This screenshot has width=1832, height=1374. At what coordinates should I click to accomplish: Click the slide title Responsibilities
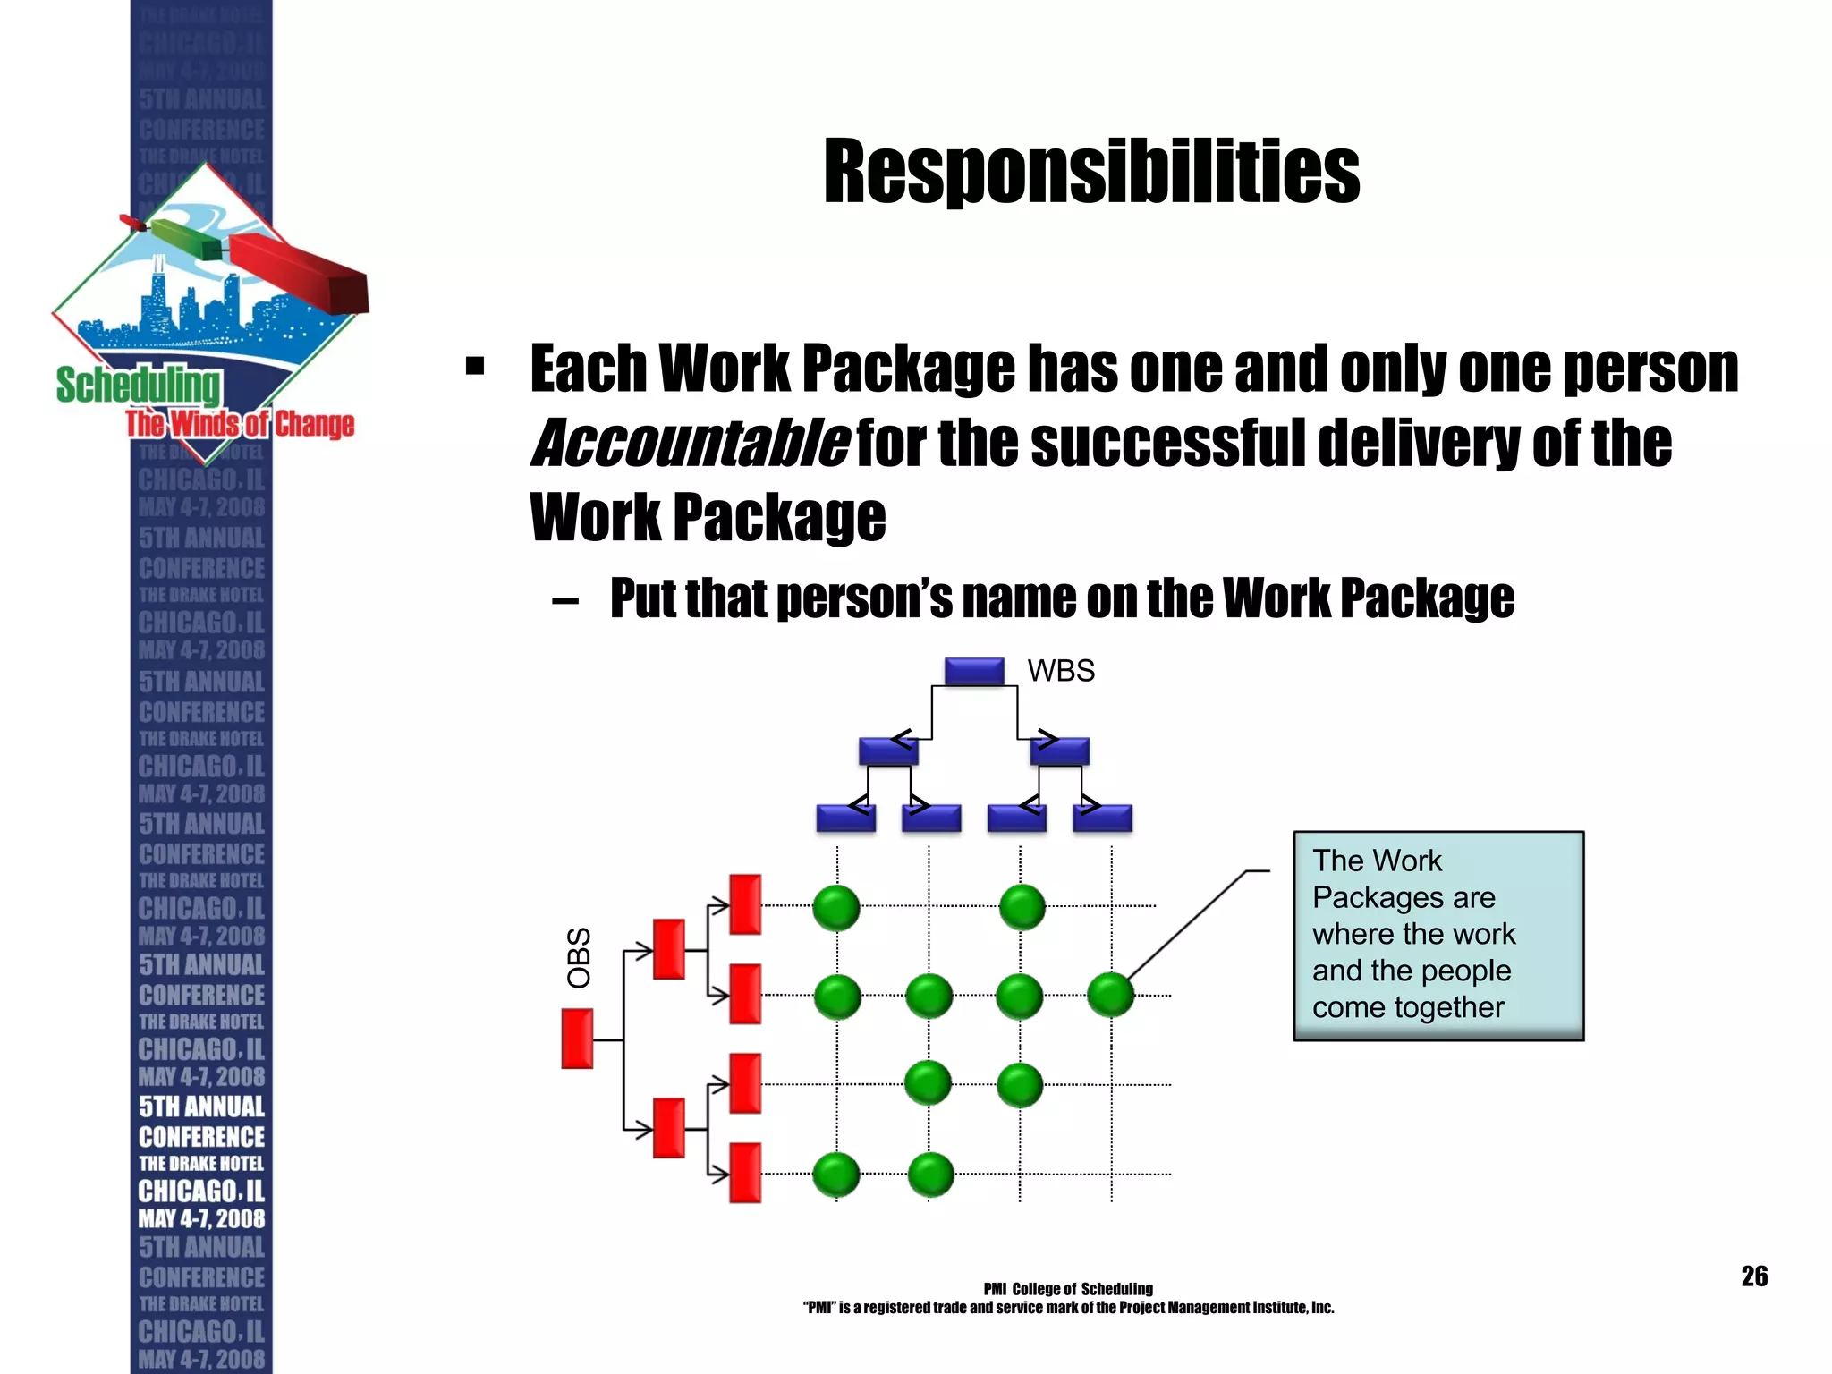click(1091, 171)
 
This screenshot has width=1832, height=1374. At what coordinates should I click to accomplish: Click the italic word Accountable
click(689, 443)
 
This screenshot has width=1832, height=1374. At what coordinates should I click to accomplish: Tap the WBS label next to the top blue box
click(1061, 671)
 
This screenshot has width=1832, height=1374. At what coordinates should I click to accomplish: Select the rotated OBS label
click(580, 957)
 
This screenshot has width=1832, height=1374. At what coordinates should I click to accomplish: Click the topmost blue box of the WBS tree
click(974, 671)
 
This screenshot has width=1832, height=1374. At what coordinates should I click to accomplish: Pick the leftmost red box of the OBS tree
click(577, 1039)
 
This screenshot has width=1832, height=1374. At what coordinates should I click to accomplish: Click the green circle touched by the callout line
click(1110, 995)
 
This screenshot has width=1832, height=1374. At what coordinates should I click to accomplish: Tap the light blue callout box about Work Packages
click(1438, 935)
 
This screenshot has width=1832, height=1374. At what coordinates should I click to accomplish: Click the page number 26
click(1754, 1276)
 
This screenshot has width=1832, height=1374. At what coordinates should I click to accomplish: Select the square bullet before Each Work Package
click(475, 366)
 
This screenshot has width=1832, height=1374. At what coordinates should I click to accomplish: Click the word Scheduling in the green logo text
click(139, 385)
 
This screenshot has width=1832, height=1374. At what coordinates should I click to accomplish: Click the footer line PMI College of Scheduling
click(1068, 1289)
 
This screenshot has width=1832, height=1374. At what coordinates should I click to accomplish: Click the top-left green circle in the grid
click(836, 907)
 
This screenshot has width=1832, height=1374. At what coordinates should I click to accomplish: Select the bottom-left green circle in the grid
click(836, 1175)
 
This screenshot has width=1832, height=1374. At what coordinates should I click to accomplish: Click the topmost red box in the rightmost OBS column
click(745, 904)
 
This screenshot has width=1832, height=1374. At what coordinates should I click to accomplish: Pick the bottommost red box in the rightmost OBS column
click(745, 1173)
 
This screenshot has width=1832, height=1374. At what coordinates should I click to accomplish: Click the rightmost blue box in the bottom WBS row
click(1102, 818)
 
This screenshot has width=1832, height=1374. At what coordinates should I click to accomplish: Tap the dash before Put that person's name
click(565, 600)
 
